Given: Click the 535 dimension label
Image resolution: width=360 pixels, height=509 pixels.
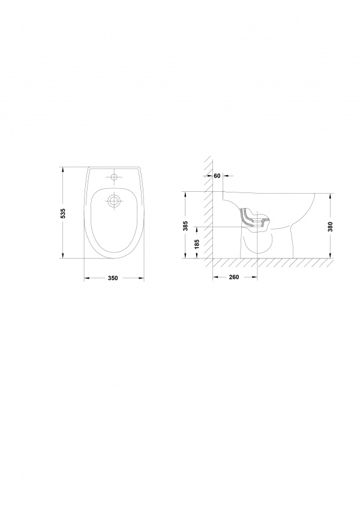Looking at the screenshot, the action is tap(64, 213).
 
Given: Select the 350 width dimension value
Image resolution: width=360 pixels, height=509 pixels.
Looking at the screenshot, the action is tap(113, 278).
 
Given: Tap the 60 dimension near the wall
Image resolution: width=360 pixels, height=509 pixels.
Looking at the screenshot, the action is tap(217, 176).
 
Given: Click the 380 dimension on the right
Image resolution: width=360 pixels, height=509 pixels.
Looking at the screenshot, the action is tap(331, 226).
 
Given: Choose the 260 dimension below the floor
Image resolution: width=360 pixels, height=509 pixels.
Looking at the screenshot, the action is tap(234, 277).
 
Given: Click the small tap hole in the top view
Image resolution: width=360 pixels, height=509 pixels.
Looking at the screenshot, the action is tap(114, 177).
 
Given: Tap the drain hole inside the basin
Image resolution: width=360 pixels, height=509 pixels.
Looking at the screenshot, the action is tap(114, 201).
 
